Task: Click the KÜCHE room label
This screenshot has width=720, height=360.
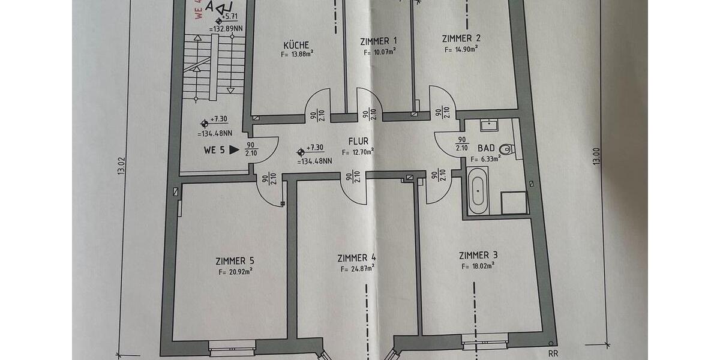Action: pyautogui.click(x=296, y=45)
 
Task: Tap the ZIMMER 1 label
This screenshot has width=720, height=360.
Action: pyautogui.click(x=379, y=41)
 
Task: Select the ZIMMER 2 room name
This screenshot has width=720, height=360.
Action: pyautogui.click(x=461, y=38)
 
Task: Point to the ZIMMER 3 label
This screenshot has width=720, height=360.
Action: pyautogui.click(x=478, y=255)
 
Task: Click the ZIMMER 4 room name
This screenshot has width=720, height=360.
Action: pyautogui.click(x=357, y=258)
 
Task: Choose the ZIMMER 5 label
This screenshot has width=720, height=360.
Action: pyautogui.click(x=235, y=261)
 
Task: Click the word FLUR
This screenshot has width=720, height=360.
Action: pyautogui.click(x=358, y=142)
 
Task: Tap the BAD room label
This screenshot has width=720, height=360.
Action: pyautogui.click(x=487, y=147)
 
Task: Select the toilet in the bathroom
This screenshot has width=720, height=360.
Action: pyautogui.click(x=508, y=148)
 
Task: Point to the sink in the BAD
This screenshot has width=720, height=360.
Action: pyautogui.click(x=488, y=125)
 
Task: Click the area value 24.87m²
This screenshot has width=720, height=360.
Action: pyautogui.click(x=362, y=269)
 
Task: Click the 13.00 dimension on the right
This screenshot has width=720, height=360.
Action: pyautogui.click(x=596, y=158)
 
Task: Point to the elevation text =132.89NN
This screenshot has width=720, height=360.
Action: pyautogui.click(x=226, y=28)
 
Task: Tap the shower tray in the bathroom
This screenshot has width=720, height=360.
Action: pyautogui.click(x=514, y=202)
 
